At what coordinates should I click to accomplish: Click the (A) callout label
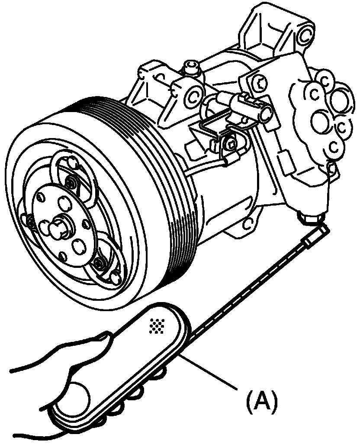click(x=261, y=402)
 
